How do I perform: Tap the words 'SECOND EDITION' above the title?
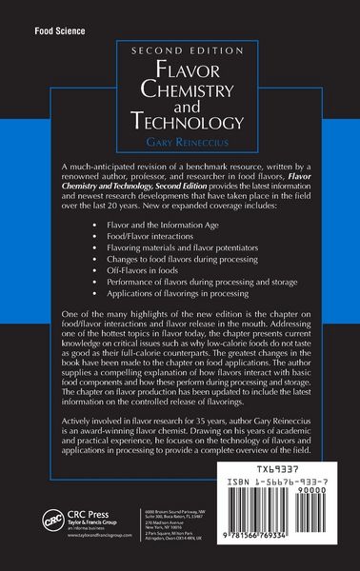pos(180,52)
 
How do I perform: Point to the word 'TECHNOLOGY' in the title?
pos(180,122)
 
